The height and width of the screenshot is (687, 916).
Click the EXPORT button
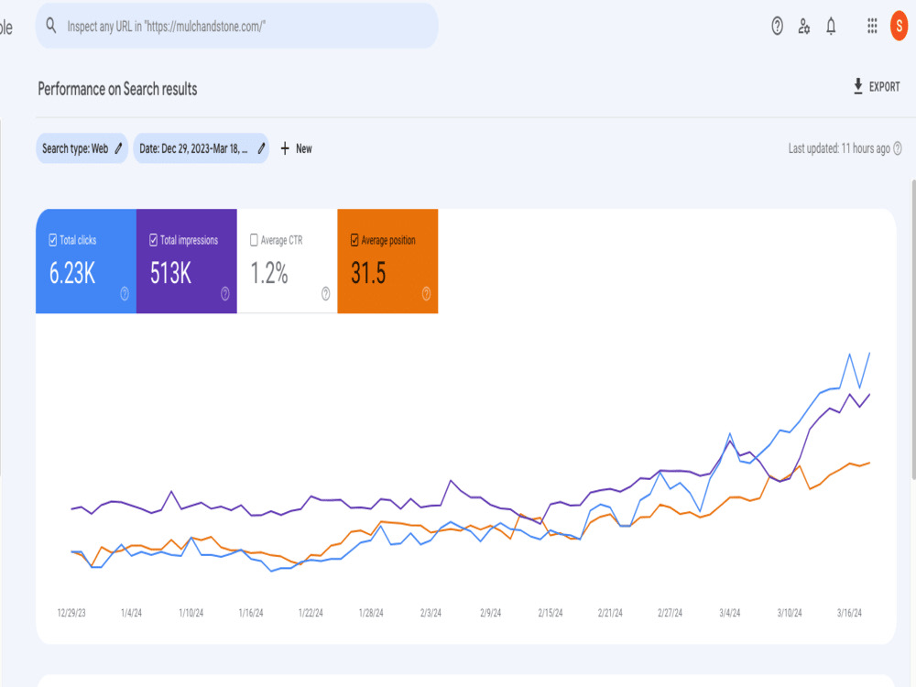[877, 86]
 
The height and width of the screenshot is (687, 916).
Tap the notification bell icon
[831, 27]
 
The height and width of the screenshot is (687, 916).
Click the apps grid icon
[872, 26]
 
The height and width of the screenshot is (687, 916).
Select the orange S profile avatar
[899, 27]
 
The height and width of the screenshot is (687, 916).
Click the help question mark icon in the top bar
[777, 27]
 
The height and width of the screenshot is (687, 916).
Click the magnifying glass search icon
[51, 25]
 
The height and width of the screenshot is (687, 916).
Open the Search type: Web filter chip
[82, 148]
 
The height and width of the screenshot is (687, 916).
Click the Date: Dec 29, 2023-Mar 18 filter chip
[201, 148]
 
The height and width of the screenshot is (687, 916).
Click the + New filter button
[296, 148]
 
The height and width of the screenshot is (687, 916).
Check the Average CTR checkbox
[254, 240]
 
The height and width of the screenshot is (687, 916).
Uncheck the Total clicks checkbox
[52, 240]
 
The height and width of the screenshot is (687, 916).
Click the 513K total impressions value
[170, 273]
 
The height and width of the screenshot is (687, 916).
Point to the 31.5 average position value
[368, 273]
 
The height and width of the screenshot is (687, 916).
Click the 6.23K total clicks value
[71, 273]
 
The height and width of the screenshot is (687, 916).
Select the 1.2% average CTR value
[269, 273]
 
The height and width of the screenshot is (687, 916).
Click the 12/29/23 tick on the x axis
[71, 613]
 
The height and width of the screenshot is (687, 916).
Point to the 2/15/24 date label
[551, 613]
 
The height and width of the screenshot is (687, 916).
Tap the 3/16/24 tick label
[849, 613]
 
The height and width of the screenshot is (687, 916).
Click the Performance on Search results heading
[117, 89]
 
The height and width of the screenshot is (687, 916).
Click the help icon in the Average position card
[427, 294]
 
